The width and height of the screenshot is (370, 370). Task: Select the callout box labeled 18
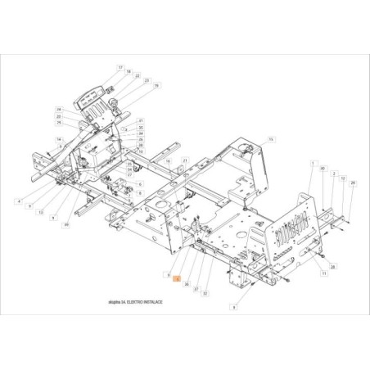pyautogui.click(x=129, y=72)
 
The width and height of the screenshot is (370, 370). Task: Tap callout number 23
pyautogui.click(x=146, y=80)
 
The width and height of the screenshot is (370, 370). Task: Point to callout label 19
pyautogui.click(x=156, y=85)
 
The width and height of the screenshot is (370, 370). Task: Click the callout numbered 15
pyautogui.click(x=271, y=139)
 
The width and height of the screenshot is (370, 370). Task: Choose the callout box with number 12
pyautogui.click(x=342, y=178)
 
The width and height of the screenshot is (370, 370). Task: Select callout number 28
pyautogui.click(x=333, y=268)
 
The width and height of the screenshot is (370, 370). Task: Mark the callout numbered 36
pyautogui.click(x=187, y=284)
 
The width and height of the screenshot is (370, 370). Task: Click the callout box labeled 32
pyautogui.click(x=205, y=293)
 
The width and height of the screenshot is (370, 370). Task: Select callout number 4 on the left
pyautogui.click(x=18, y=201)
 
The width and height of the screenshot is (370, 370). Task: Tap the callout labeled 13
pyautogui.click(x=40, y=211)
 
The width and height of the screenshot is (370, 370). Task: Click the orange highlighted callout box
pyautogui.click(x=178, y=279)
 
